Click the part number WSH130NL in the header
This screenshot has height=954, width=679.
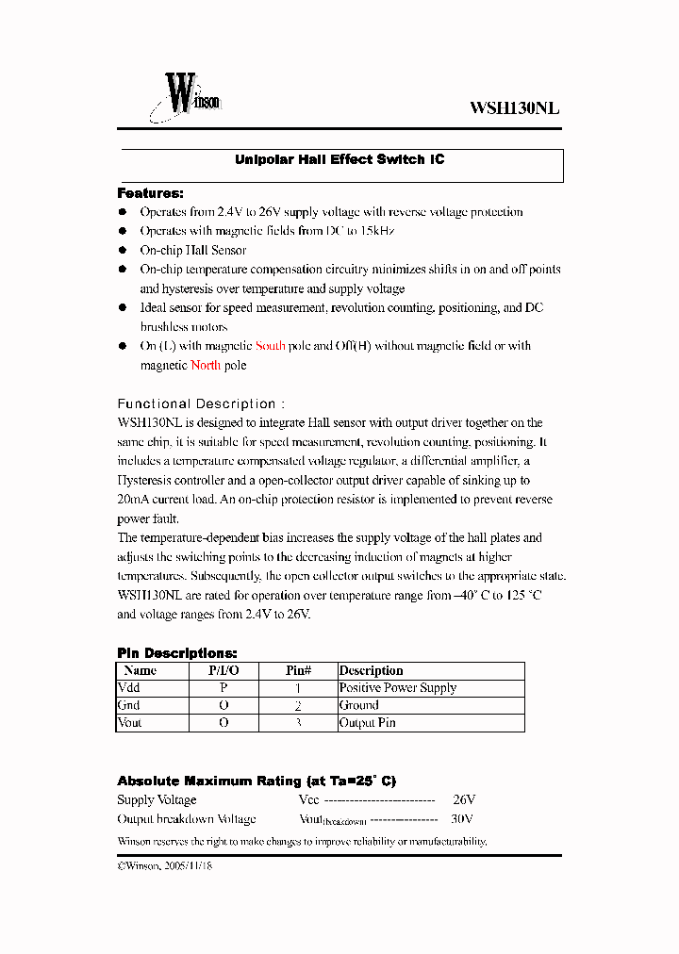(x=515, y=107)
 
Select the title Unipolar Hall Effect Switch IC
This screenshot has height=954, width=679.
(x=339, y=160)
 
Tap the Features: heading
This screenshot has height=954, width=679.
(x=150, y=193)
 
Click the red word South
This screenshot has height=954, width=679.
(x=271, y=346)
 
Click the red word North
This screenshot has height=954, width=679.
(x=206, y=365)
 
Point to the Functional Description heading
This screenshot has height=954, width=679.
(x=197, y=403)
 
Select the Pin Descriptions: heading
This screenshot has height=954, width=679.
(x=177, y=653)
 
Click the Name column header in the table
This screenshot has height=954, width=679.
(x=141, y=671)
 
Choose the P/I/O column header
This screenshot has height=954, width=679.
(x=224, y=671)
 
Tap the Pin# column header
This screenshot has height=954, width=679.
(x=298, y=671)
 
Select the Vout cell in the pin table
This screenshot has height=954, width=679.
(x=131, y=723)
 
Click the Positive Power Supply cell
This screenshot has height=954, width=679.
(x=398, y=688)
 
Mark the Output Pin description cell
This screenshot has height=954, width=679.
(x=368, y=723)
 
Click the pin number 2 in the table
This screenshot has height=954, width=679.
(x=298, y=706)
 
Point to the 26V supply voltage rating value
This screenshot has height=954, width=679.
(x=464, y=800)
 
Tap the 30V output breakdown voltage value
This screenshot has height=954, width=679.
(x=462, y=819)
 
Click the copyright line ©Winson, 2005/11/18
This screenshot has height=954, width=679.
(x=165, y=865)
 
